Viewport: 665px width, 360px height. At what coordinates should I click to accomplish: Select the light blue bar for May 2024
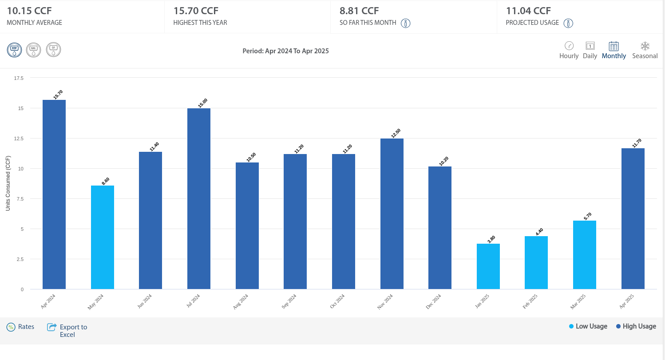coord(103,237)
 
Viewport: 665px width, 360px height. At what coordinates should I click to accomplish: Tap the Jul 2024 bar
coord(199,198)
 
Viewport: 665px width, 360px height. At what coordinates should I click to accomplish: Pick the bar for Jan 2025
coord(488,266)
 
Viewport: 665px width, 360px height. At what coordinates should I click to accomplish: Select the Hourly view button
coord(569,50)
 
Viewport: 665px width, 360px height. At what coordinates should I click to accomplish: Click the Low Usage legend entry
coord(588,326)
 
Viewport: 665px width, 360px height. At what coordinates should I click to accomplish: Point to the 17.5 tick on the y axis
coord(19,78)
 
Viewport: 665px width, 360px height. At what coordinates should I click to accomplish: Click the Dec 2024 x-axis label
coord(434,302)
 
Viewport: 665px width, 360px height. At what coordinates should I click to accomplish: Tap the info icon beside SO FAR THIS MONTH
coord(405,23)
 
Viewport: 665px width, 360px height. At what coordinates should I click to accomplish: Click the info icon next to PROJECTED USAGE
coord(568,23)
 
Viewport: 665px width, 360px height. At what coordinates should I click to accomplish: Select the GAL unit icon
coord(34,50)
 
